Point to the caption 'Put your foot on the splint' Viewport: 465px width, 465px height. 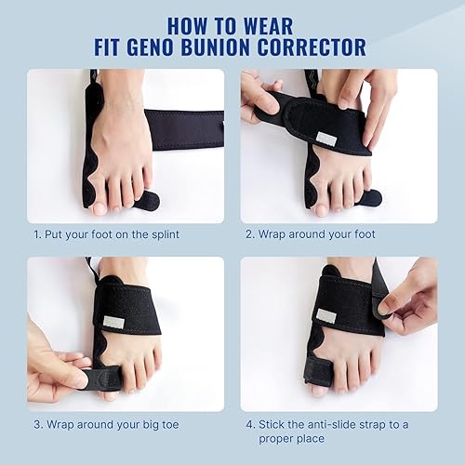pos(122,233)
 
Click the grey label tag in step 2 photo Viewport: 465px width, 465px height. pos(325,138)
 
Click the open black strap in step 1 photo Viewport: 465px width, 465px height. pos(186,129)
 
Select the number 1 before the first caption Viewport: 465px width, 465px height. pos(37,233)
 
